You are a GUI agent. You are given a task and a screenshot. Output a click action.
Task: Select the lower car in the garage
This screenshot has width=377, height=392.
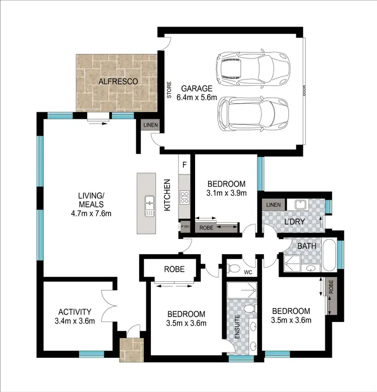point(253,113)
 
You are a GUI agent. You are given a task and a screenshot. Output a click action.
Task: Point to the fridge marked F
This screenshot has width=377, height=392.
point(184,165)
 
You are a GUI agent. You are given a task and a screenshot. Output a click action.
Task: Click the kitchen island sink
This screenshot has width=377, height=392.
point(149,205)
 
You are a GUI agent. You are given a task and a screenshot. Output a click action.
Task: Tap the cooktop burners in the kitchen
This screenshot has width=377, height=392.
point(184,197)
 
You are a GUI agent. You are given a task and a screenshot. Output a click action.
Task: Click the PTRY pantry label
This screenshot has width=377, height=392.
point(184,227)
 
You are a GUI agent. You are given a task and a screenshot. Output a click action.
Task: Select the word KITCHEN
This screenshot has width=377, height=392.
point(169,195)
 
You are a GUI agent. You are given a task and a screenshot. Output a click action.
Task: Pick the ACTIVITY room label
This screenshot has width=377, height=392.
point(74,311)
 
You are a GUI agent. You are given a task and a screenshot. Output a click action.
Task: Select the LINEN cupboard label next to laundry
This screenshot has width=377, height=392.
point(273,204)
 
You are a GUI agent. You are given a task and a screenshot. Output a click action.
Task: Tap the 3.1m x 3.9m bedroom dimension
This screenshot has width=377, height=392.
point(225,193)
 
